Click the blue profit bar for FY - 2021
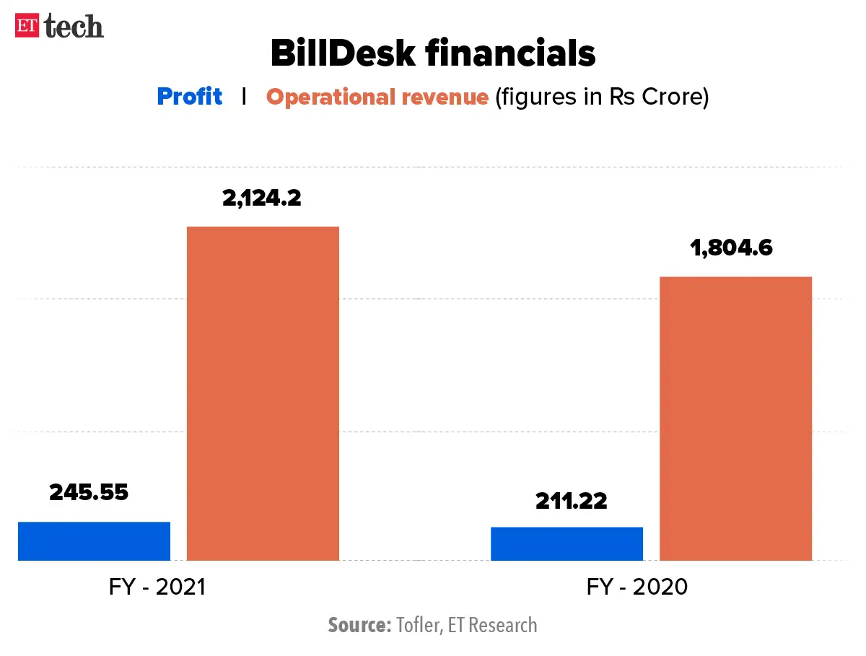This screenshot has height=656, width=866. pos(94,541)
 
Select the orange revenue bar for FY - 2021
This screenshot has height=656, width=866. pos(263,393)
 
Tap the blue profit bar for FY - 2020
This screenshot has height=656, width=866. pos(567,543)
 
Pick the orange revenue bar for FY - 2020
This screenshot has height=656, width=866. pos(735,419)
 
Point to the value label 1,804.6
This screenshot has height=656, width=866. pos(732,248)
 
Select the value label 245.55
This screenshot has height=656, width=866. pos(89,492)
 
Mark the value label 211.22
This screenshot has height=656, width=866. pos(572,501)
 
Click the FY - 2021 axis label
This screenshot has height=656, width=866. pos(157,587)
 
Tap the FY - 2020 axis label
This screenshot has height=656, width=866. pos(637,587)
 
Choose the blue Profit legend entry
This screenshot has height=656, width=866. pos(189,97)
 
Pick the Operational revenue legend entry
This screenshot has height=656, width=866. pos(377,97)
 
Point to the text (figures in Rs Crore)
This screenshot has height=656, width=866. pos(602,97)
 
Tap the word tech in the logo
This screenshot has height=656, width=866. pos(74,27)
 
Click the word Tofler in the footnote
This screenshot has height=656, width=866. pos(418,624)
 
